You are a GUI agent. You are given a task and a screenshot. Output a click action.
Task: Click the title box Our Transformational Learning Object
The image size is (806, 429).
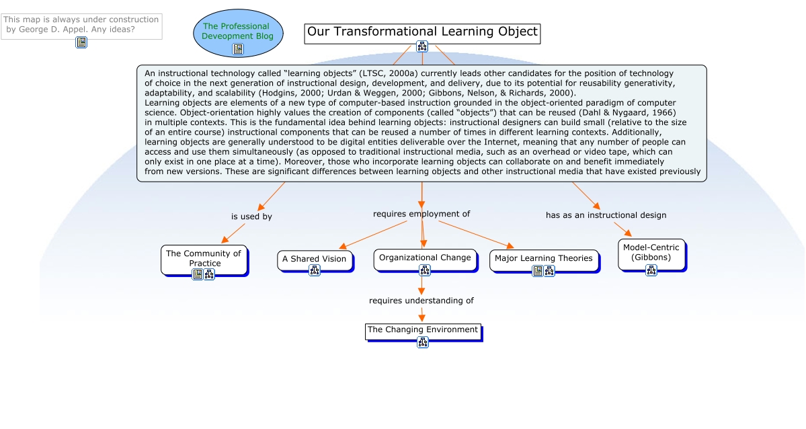pyautogui.click(x=422, y=32)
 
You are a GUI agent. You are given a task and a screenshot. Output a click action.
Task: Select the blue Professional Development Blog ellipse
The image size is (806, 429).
pyautogui.click(x=238, y=31)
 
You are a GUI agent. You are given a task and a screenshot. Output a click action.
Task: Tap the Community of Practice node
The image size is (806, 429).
pyautogui.click(x=204, y=258)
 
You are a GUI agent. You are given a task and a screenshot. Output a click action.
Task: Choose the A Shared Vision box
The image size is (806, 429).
pyautogui.click(x=314, y=258)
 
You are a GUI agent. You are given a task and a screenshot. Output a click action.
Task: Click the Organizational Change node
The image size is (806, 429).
pyautogui.click(x=425, y=258)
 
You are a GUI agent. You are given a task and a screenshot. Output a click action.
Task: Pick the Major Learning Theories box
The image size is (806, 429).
pyautogui.click(x=543, y=258)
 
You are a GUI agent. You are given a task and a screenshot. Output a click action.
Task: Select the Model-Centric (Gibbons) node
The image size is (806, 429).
pyautogui.click(x=651, y=252)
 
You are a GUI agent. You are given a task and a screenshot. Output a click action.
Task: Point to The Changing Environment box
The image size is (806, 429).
pyautogui.click(x=423, y=329)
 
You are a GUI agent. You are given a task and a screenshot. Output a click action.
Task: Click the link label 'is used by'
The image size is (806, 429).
pyautogui.click(x=251, y=217)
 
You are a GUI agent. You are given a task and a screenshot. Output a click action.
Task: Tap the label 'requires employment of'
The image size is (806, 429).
pyautogui.click(x=421, y=214)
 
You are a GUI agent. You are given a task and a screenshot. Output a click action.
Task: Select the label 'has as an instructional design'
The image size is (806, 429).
pyautogui.click(x=606, y=215)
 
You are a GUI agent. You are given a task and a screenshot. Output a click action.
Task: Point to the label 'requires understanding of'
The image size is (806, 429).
pyautogui.click(x=421, y=301)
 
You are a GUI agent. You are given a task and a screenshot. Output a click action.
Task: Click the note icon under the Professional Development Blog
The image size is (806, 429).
pyautogui.click(x=238, y=49)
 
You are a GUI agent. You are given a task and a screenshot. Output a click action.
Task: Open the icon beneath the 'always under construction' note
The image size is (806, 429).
pyautogui.click(x=81, y=42)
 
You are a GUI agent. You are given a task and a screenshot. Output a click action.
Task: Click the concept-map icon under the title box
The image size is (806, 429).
pyautogui.click(x=422, y=46)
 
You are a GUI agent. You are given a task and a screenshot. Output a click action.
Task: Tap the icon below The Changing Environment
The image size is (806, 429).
pyautogui.click(x=423, y=342)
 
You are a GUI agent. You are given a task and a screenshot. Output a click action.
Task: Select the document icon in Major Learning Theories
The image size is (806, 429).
pyautogui.click(x=538, y=271)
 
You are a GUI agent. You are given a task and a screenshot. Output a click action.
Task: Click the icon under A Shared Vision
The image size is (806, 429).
pyautogui.click(x=315, y=270)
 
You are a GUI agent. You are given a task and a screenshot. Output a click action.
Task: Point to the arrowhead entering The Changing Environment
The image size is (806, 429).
pyautogui.click(x=422, y=319)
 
